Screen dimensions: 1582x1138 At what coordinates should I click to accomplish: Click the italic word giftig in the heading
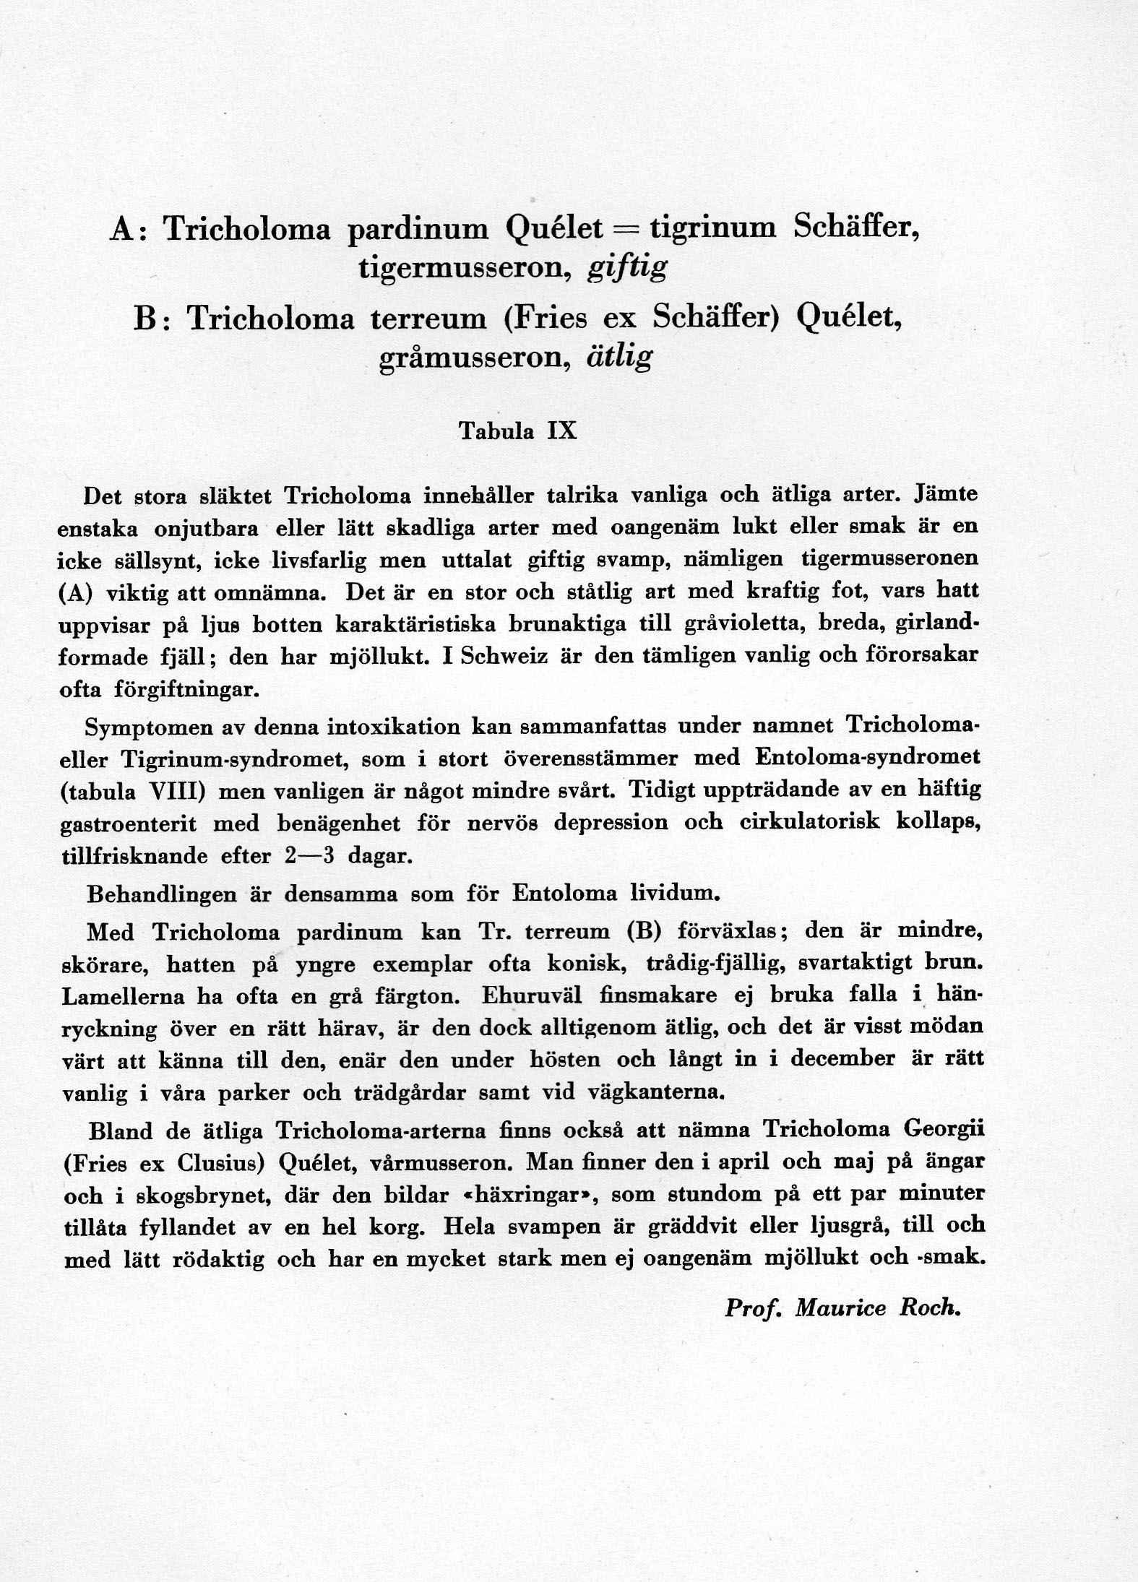(x=627, y=269)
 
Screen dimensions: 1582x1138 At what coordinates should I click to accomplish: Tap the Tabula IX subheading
(x=518, y=431)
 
